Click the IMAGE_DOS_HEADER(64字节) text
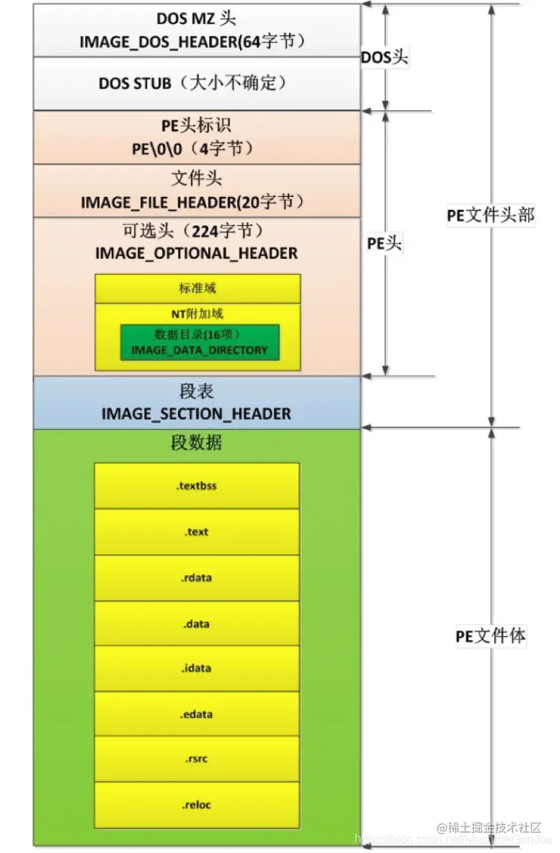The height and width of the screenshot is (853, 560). point(196,42)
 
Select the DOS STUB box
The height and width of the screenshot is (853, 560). point(196,83)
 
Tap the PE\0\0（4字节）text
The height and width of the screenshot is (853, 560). point(196,149)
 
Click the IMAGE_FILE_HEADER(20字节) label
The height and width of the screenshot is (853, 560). point(196,202)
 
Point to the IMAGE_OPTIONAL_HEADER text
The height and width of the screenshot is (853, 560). point(196,253)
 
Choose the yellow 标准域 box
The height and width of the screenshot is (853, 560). point(197,288)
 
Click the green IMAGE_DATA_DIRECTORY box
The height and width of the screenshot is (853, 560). point(199,342)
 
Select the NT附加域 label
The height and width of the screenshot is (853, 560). point(197,314)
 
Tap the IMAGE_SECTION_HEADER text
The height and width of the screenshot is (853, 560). point(196,414)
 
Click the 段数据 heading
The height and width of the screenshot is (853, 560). point(196,443)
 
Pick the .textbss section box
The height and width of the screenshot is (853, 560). point(196,486)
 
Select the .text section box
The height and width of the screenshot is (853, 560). point(196,532)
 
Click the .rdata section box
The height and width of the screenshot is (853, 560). point(196,578)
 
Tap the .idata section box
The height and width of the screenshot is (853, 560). point(196,668)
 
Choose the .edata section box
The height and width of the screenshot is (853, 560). point(196,714)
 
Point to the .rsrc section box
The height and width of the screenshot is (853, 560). point(196,759)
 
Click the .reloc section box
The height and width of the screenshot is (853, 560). point(196,805)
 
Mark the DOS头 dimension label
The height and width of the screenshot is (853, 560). point(385,58)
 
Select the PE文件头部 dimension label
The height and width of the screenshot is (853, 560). point(491,215)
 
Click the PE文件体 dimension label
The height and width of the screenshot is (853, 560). point(491,636)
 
